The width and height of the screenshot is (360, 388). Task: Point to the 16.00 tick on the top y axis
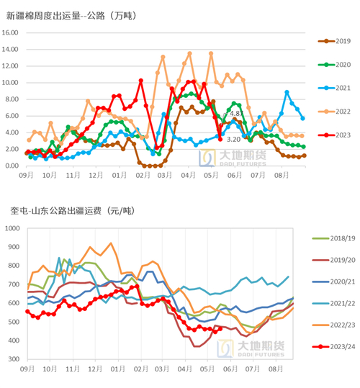(x=14, y=32)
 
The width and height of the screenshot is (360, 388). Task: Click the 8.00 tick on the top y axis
(x=15, y=99)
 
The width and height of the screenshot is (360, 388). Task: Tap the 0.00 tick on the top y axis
(x=15, y=166)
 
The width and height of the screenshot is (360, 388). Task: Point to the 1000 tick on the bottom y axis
(x=13, y=228)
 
